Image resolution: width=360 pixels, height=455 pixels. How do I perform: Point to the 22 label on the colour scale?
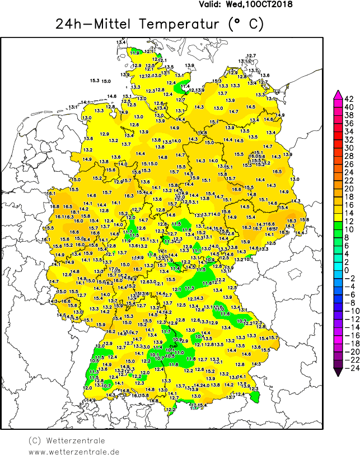coord(349,180)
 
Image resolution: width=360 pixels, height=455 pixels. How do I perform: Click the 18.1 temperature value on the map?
coord(75,212)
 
